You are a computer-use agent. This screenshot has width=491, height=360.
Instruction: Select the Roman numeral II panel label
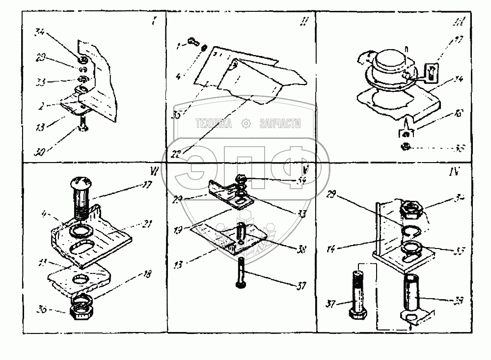[304, 22]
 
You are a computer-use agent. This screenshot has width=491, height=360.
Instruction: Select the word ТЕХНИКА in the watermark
[214, 124]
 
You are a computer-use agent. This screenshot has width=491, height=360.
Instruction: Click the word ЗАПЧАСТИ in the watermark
[280, 124]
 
